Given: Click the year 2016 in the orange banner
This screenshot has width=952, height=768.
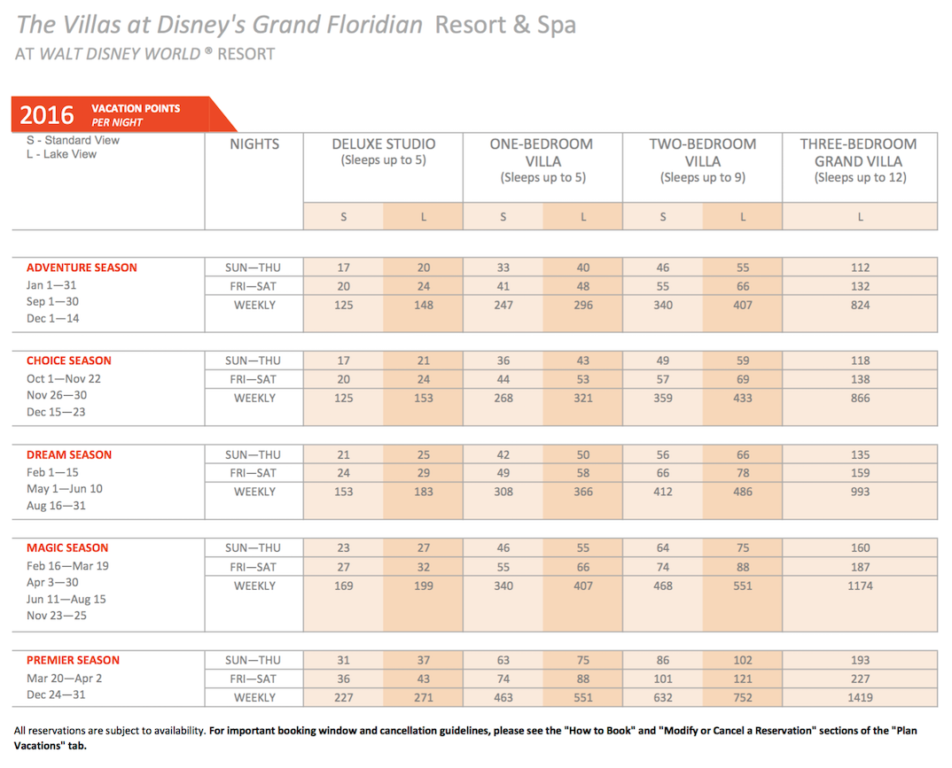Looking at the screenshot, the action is tap(47, 114).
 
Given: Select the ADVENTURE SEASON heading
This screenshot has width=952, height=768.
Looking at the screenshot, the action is tap(82, 268).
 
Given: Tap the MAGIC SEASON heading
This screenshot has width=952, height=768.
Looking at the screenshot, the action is tap(67, 547).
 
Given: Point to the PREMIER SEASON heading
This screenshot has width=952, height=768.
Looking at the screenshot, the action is tap(73, 660).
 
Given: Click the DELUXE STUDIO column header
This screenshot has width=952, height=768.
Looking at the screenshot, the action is tap(383, 144).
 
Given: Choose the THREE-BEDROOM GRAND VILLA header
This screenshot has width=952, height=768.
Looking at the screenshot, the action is tap(859, 152).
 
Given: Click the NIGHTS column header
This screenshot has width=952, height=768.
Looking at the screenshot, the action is tap(254, 144).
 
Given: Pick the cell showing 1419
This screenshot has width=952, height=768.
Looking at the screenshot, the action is tap(860, 698).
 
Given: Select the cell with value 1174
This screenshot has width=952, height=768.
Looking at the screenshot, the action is tap(860, 586).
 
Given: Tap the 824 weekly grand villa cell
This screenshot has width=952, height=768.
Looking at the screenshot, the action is tap(860, 305).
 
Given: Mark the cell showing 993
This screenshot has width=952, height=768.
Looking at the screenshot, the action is tap(860, 492).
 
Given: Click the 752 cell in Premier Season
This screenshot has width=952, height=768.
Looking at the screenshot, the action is tap(743, 698).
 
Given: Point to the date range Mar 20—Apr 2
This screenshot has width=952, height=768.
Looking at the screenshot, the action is tap(65, 679).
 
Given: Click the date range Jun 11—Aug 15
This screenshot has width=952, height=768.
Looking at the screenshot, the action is tap(66, 600).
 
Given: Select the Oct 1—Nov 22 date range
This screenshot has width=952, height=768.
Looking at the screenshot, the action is tap(64, 378).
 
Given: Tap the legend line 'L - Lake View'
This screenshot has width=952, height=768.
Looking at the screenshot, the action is tap(61, 154).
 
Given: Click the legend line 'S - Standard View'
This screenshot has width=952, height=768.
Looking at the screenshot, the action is tap(73, 140).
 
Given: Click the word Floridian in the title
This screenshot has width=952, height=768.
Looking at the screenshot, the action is tap(375, 25).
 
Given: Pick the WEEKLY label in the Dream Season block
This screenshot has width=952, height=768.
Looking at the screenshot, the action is tap(254, 492).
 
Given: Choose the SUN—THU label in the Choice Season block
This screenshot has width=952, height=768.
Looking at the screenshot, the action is tap(253, 361).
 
